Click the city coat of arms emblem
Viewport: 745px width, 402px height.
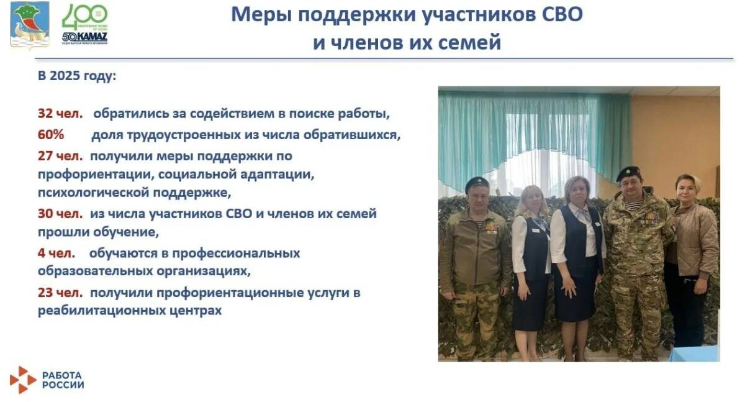(x=29, y=25)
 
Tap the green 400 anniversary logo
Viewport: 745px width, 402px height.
(x=84, y=17)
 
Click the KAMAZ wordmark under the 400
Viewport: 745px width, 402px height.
(x=85, y=36)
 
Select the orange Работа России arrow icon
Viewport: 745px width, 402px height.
(x=23, y=380)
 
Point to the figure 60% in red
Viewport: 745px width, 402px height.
(x=50, y=134)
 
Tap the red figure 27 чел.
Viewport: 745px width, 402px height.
(x=58, y=155)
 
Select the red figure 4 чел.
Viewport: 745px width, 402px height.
(x=56, y=253)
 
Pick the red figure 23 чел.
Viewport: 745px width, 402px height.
(x=58, y=292)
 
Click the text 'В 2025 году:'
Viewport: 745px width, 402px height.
(x=77, y=76)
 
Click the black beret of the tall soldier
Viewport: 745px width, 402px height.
(x=628, y=172)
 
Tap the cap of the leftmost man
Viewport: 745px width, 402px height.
(x=477, y=182)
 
